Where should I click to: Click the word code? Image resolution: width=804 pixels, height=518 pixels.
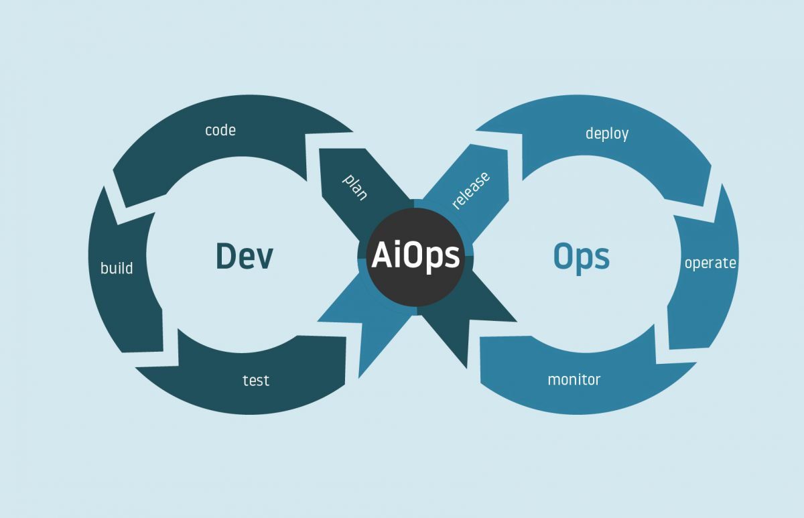pyautogui.click(x=220, y=130)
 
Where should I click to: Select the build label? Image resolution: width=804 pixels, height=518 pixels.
pyautogui.click(x=117, y=269)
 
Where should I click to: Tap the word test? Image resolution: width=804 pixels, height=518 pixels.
pyautogui.click(x=255, y=381)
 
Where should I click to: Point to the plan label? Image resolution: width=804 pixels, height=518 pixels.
pyautogui.click(x=355, y=187)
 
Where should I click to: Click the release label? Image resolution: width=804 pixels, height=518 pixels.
pyautogui.click(x=470, y=190)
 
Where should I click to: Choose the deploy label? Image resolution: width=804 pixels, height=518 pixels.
pyautogui.click(x=607, y=133)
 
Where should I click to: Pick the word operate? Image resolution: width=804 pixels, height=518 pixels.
pyautogui.click(x=710, y=263)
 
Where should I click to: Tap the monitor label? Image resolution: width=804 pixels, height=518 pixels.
pyautogui.click(x=574, y=380)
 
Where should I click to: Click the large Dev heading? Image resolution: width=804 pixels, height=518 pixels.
pyautogui.click(x=245, y=256)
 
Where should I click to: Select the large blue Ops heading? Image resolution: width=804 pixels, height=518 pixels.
pyautogui.click(x=582, y=256)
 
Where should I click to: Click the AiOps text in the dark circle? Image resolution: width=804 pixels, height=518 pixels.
pyautogui.click(x=416, y=255)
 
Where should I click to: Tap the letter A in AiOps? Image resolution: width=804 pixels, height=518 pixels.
pyautogui.click(x=381, y=255)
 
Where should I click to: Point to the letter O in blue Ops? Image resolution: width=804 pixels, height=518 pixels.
pyautogui.click(x=564, y=256)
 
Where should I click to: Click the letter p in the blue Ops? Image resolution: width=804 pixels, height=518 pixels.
pyautogui.click(x=586, y=260)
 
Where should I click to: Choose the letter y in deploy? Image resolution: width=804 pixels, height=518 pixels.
pyautogui.click(x=625, y=136)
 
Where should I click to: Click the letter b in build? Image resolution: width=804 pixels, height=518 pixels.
pyautogui.click(x=104, y=268)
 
